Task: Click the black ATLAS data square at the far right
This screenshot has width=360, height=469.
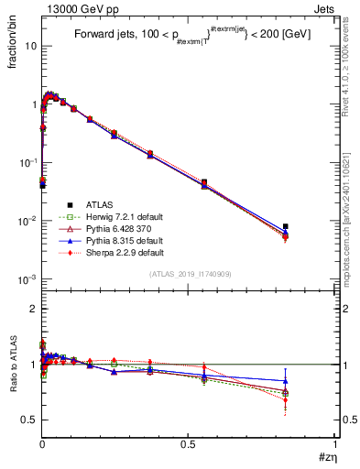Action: (286, 226)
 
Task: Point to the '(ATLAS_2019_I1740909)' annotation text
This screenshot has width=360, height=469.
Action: (189, 274)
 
